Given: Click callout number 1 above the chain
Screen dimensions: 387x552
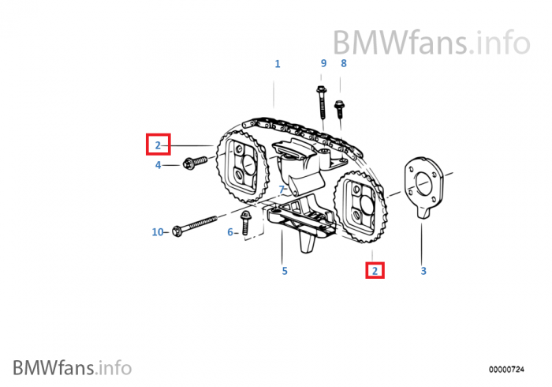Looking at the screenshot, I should coord(277,63).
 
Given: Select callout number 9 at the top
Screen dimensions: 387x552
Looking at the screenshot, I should coord(323,63).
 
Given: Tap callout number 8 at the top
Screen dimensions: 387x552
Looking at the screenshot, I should coord(343,63).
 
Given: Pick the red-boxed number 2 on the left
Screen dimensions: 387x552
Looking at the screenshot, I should coord(158,145).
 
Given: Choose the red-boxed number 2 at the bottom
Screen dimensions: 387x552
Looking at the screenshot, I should coord(375,271).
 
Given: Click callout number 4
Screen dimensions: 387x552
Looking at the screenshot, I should coord(158,165).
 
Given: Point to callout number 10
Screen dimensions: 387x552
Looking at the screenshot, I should coord(157,232).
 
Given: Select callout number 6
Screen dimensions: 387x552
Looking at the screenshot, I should coord(230,232).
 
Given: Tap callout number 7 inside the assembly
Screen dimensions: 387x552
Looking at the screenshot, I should coord(281,190).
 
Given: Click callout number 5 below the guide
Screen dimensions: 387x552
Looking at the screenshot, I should coord(285,271).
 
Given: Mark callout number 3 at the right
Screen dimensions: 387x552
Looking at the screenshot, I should coord(423,271).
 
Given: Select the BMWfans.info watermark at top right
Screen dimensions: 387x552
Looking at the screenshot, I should coord(431,40).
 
